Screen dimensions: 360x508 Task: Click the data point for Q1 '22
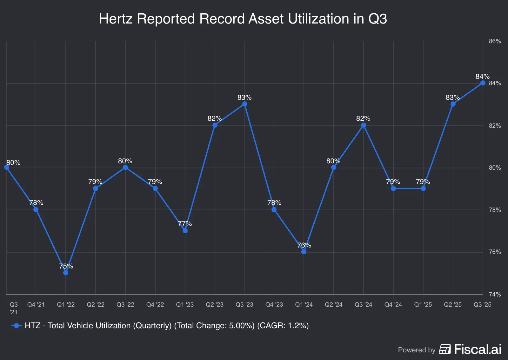tap(66, 273)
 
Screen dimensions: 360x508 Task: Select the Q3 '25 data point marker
tap(483, 83)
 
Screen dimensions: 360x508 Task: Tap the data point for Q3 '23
tap(244, 104)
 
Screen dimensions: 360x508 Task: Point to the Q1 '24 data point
tap(304, 252)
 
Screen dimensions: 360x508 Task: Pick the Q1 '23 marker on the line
tap(185, 230)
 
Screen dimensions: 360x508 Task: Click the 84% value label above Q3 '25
tap(482, 77)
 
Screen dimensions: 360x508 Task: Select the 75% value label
tap(66, 266)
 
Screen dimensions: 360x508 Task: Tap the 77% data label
tap(185, 224)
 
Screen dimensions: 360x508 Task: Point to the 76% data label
tap(304, 245)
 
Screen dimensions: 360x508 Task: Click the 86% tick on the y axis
tap(495, 41)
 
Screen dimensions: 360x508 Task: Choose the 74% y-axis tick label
tap(495, 294)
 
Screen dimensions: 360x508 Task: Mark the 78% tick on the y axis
tap(495, 210)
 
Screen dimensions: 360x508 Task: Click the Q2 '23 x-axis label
tap(215, 304)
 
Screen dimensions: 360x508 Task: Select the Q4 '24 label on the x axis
tap(393, 304)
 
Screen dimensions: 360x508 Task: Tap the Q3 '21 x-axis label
tap(14, 308)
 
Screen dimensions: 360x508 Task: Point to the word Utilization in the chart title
tap(318, 19)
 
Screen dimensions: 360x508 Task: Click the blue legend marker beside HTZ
tap(17, 326)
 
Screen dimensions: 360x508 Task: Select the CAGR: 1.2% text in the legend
tap(283, 326)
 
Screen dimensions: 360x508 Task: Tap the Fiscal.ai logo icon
tap(445, 349)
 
